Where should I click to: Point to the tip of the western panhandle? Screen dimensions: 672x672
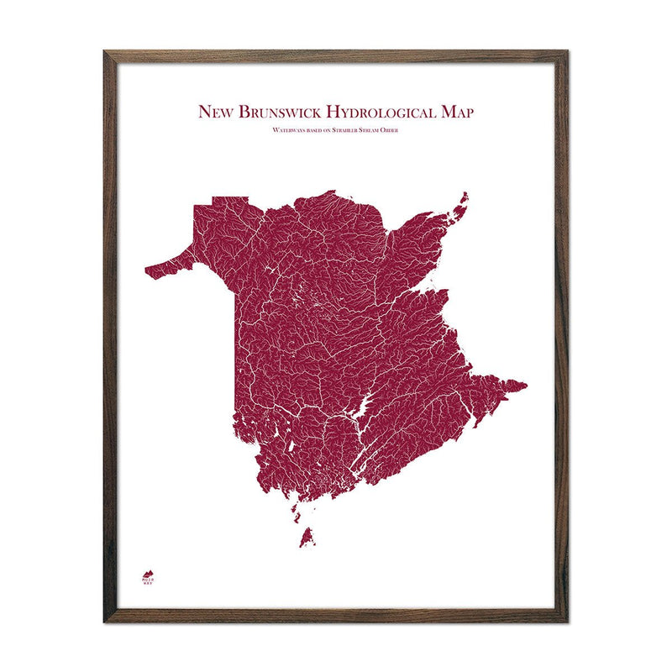(148, 271)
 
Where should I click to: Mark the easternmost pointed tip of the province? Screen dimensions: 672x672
(525, 386)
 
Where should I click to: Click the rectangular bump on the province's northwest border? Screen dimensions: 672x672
(230, 200)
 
